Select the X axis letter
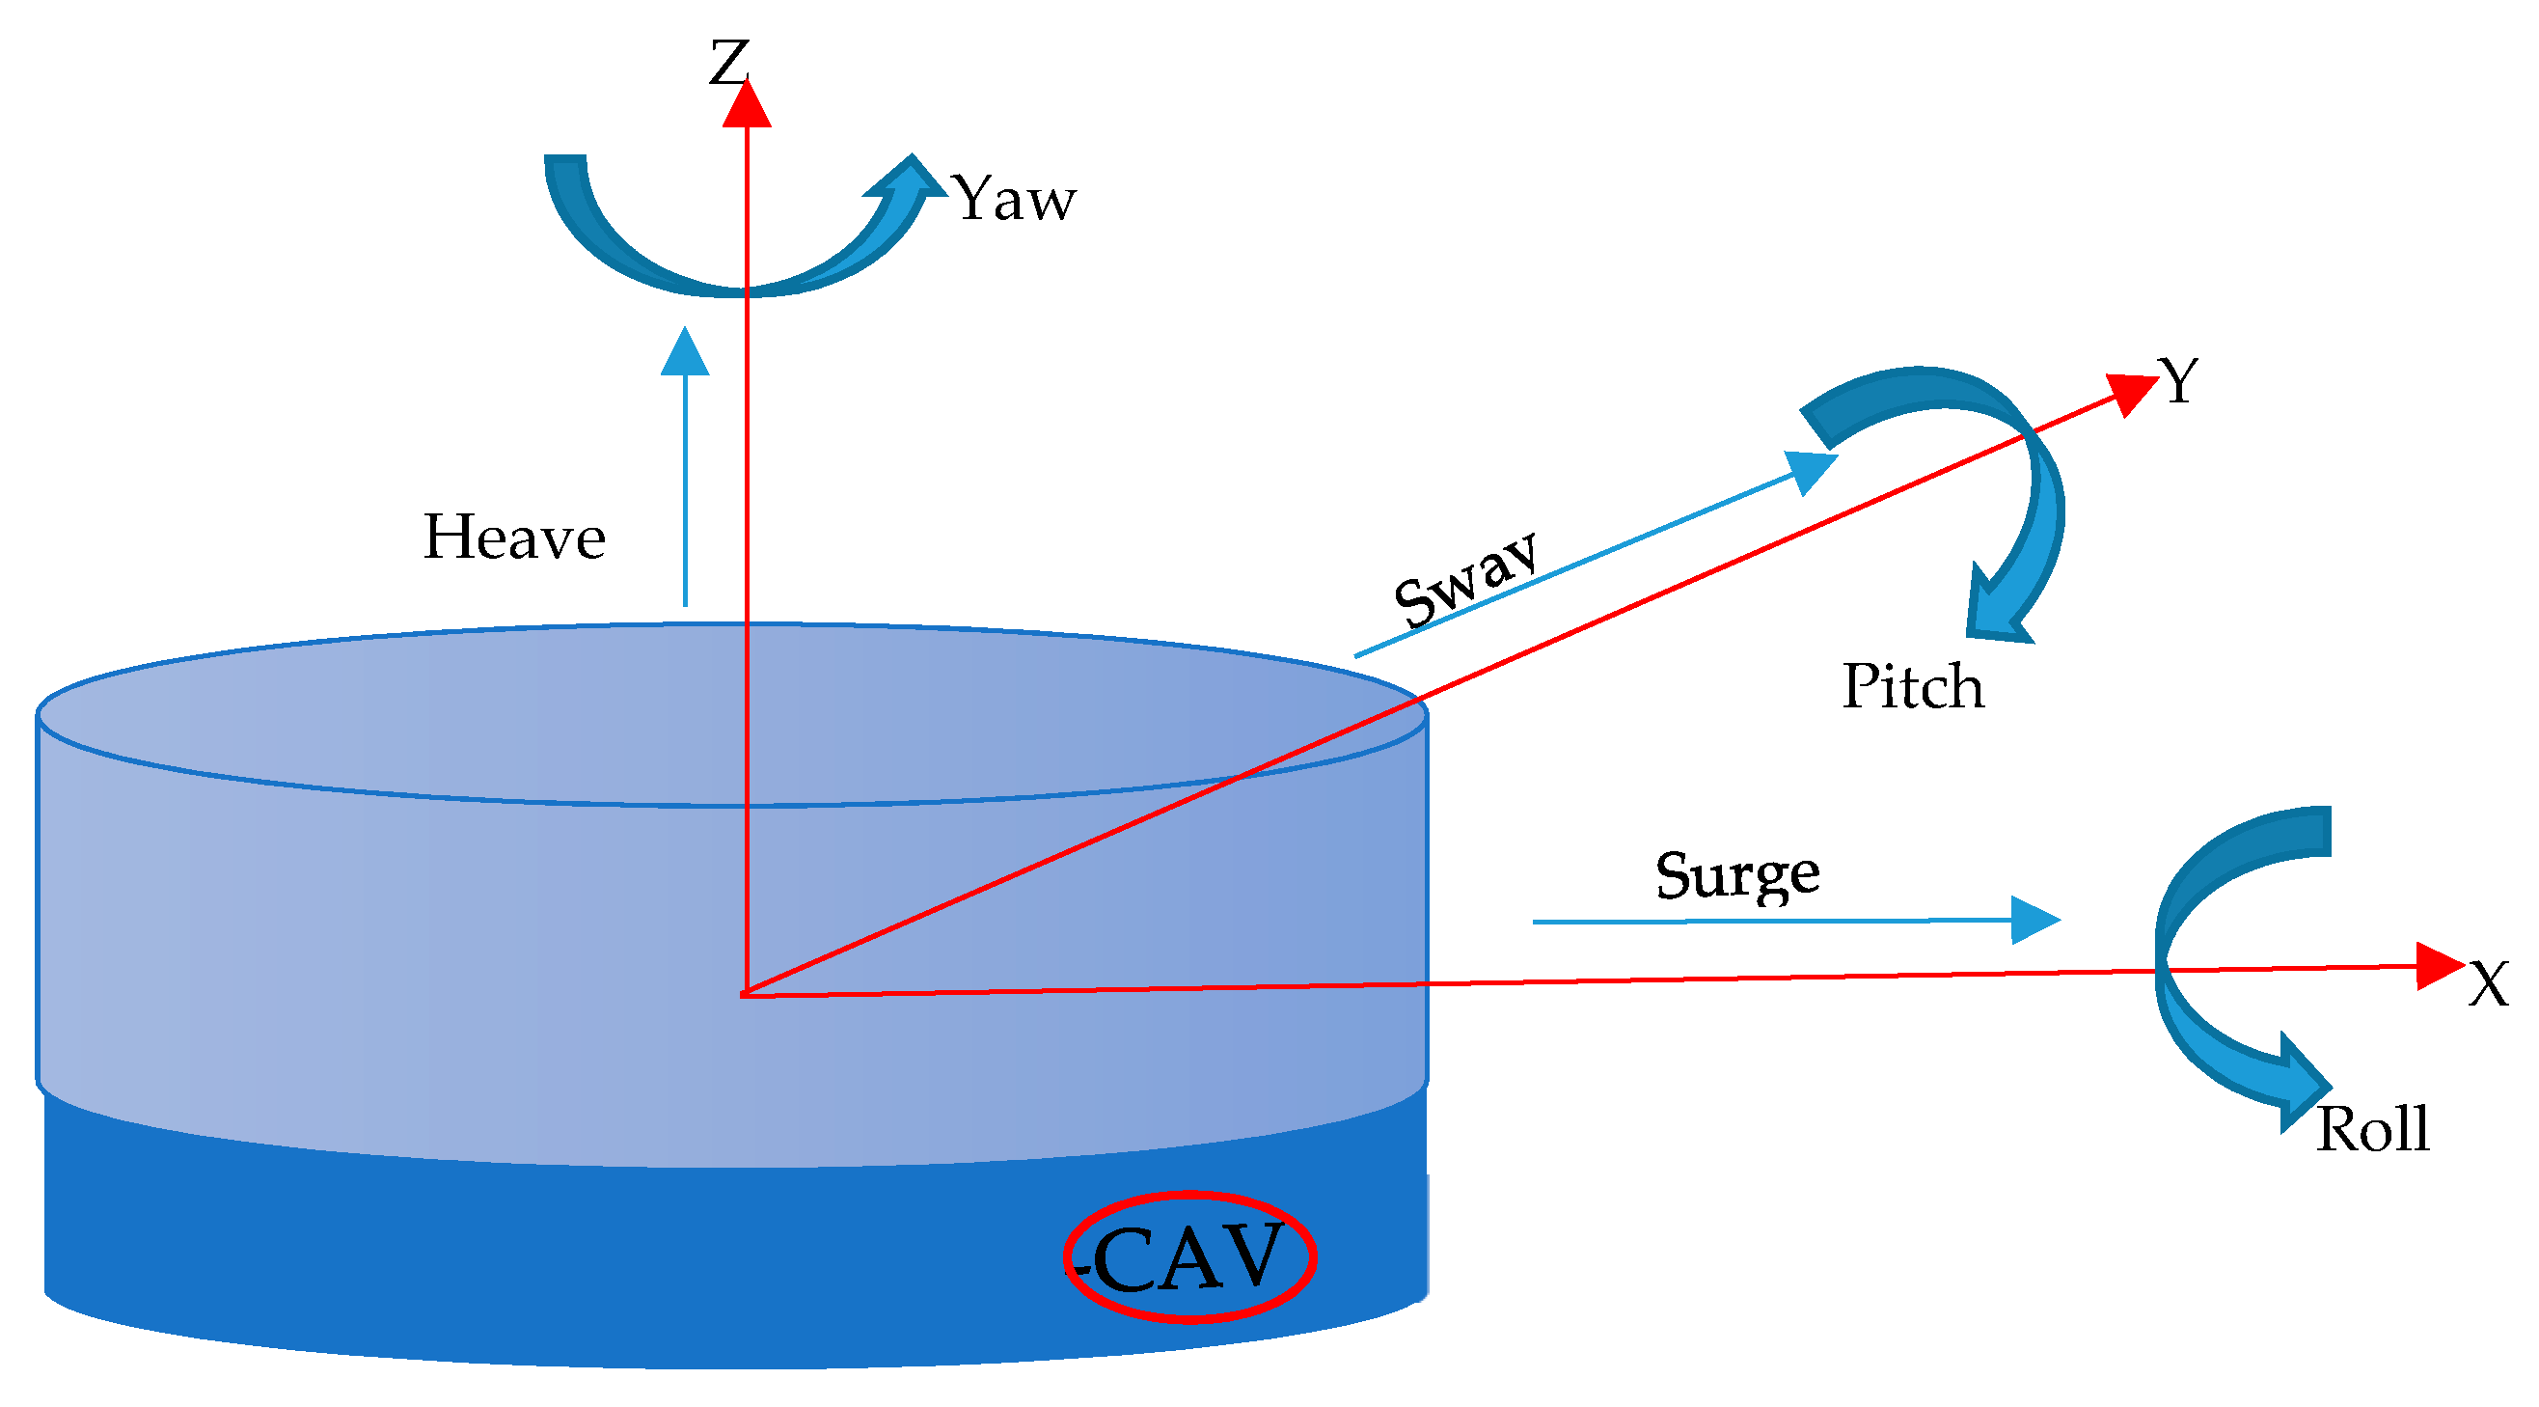[x=2488, y=984]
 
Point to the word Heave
[x=513, y=538]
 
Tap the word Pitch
[x=1912, y=686]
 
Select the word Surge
[x=1736, y=874]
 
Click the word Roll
[x=2372, y=1129]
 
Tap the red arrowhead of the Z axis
[x=746, y=104]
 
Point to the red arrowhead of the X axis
[x=2439, y=966]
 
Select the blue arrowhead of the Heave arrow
[x=685, y=353]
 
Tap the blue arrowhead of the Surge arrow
[x=2033, y=920]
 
